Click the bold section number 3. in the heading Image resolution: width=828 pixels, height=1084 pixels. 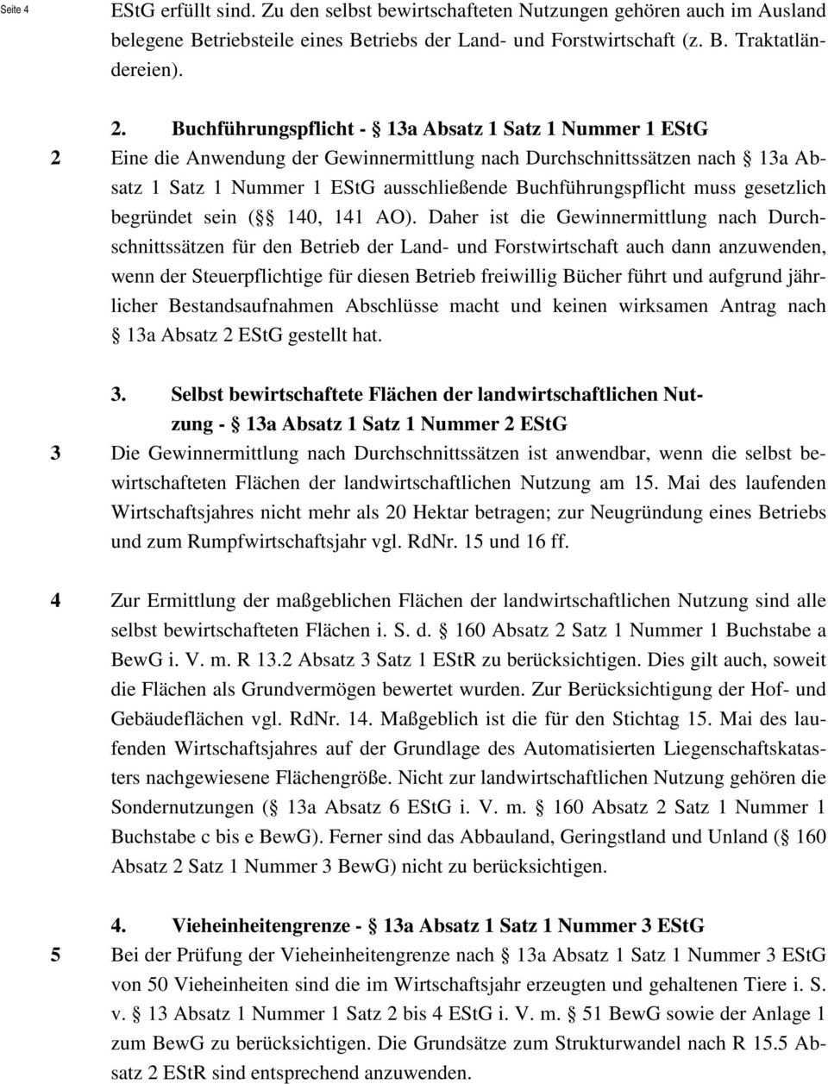(120, 396)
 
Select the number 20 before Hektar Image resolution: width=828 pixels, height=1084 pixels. (397, 512)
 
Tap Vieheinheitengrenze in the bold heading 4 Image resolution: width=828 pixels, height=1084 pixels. (260, 926)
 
